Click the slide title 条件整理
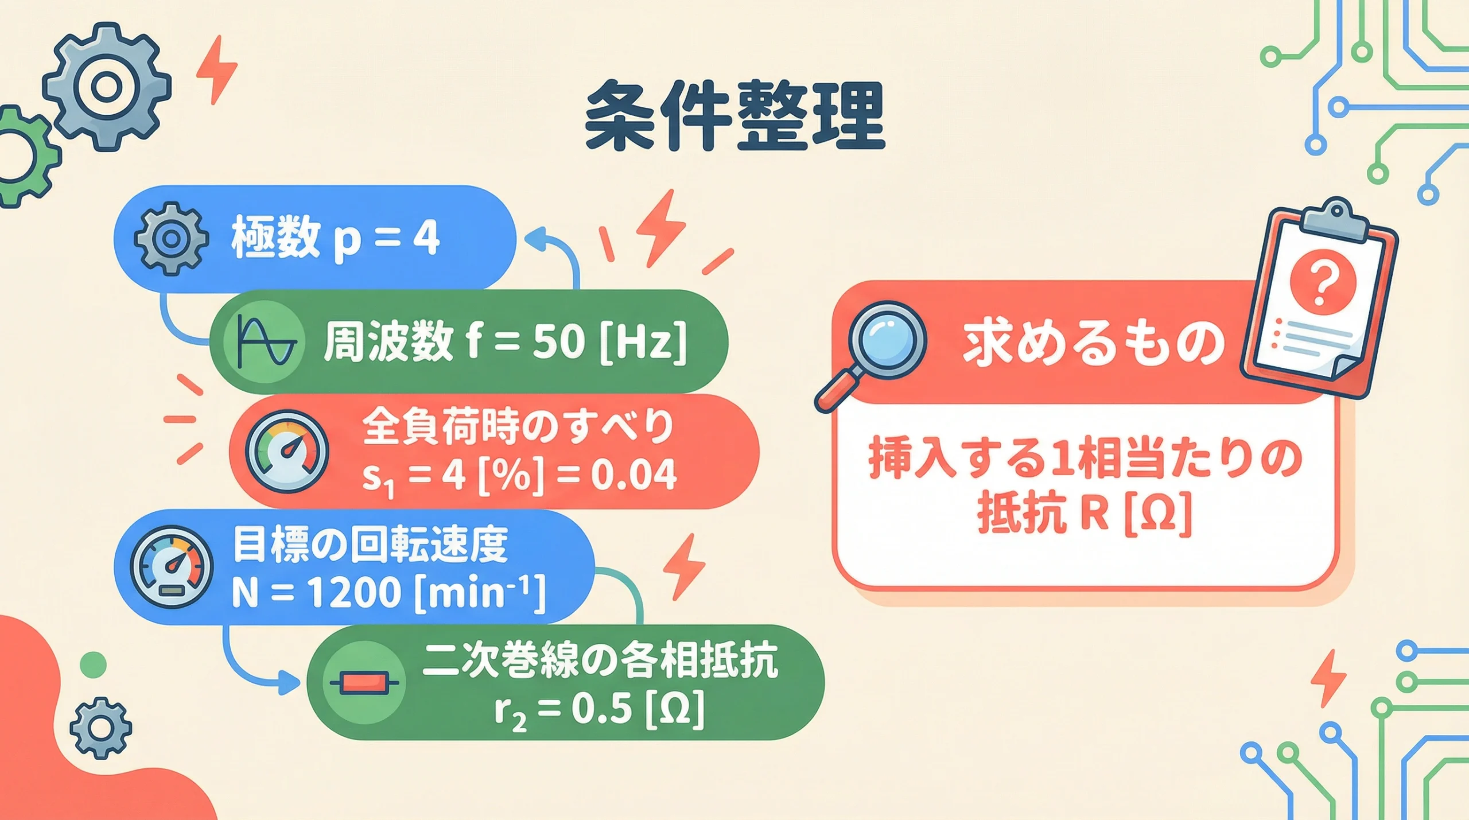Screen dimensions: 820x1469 pyautogui.click(x=735, y=116)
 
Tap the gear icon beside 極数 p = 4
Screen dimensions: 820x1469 pyautogui.click(x=170, y=239)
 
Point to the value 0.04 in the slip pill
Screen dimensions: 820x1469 pyautogui.click(x=634, y=475)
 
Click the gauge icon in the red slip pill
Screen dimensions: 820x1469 pyautogui.click(x=287, y=452)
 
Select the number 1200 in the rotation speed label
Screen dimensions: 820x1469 pyautogui.click(x=354, y=592)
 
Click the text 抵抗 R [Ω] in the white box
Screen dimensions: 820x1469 pyautogui.click(x=1085, y=514)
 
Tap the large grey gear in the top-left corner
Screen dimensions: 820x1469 pyautogui.click(x=107, y=87)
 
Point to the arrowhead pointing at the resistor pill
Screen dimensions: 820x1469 pyautogui.click(x=289, y=683)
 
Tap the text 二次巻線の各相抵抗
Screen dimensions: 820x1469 pyautogui.click(x=600, y=661)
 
